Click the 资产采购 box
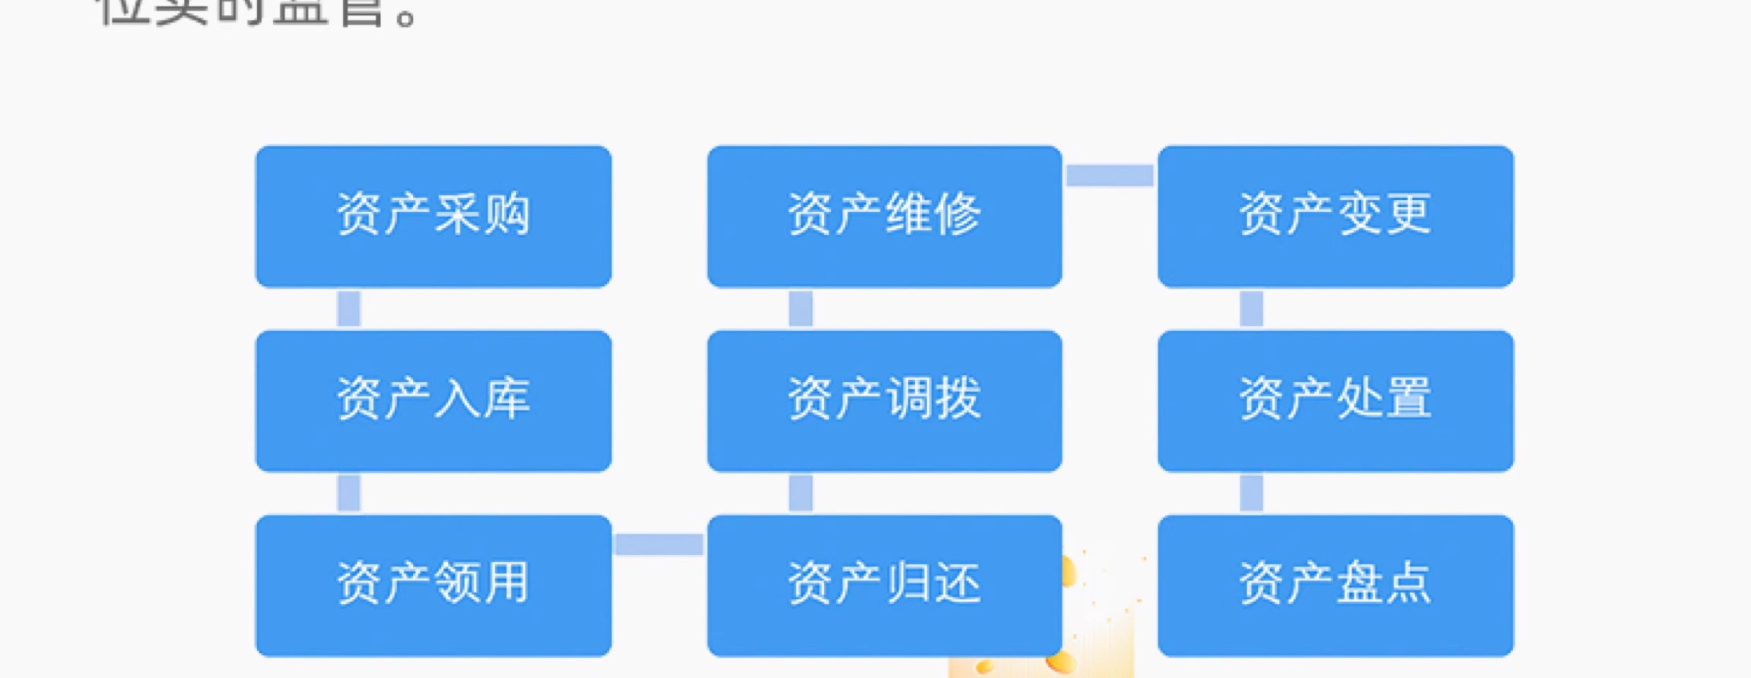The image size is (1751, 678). point(433,216)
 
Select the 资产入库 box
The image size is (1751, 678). point(433,400)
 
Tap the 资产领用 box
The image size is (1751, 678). point(433,585)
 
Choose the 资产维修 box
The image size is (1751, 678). point(884,216)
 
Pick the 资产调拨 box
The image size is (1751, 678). point(884,400)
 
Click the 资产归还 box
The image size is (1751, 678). point(884,585)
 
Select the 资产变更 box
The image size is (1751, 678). point(1335,216)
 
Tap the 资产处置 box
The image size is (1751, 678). point(1335,400)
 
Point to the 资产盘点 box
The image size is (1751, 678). point(1335,585)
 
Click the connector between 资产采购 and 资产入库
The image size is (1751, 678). point(349,309)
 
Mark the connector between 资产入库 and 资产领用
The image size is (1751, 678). point(349,492)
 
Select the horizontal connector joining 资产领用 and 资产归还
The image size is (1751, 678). point(659,545)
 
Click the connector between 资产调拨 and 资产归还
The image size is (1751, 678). point(800,492)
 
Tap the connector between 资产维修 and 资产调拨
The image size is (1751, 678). point(800,309)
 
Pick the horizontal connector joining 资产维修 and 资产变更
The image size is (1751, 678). point(1109,175)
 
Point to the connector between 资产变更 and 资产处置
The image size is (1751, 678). point(1251,309)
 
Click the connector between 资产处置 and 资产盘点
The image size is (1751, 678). point(1251,492)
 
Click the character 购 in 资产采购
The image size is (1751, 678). point(507,213)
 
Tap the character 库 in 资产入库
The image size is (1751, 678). point(507,398)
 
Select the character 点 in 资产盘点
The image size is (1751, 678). point(1408,583)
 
